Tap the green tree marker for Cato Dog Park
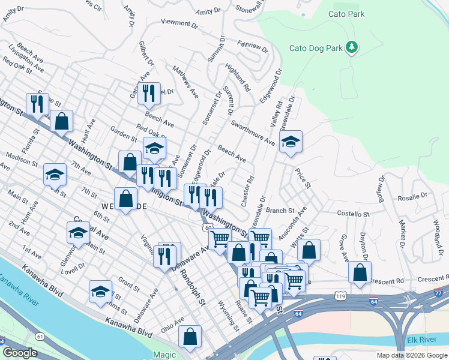pos(352,47)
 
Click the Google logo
pos(20,353)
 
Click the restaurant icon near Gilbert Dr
pos(149,93)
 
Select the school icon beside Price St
pos(291,142)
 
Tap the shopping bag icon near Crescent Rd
pos(359,272)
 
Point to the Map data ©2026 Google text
pos(411,355)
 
